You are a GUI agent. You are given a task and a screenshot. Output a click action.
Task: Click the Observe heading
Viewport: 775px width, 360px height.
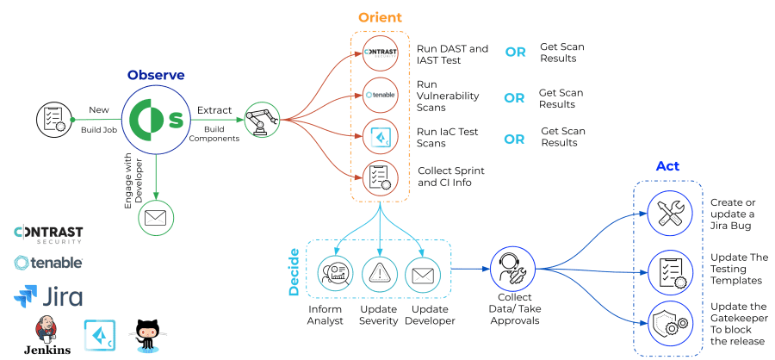(x=155, y=75)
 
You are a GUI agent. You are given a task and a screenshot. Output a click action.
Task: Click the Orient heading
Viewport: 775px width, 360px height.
(x=379, y=17)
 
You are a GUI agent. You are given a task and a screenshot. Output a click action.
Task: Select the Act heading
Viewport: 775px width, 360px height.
(x=667, y=166)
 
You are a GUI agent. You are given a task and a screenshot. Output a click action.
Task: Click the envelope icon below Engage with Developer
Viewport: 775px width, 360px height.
(x=155, y=216)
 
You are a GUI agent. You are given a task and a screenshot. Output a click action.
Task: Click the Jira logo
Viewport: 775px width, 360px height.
(x=48, y=297)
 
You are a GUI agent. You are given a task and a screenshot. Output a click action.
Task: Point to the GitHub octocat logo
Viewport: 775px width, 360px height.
(x=147, y=334)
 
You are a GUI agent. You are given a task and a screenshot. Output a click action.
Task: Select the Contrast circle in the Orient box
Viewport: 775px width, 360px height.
(x=380, y=53)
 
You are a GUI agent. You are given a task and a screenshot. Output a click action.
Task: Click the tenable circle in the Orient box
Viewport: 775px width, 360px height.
(x=380, y=95)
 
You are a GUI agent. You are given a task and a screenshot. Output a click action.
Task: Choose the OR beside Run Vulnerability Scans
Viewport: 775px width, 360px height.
(x=514, y=98)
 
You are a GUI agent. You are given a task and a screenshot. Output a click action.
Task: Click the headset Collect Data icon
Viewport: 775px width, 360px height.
(x=515, y=267)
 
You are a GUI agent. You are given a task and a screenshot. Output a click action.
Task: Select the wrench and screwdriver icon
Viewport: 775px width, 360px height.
(x=669, y=212)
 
